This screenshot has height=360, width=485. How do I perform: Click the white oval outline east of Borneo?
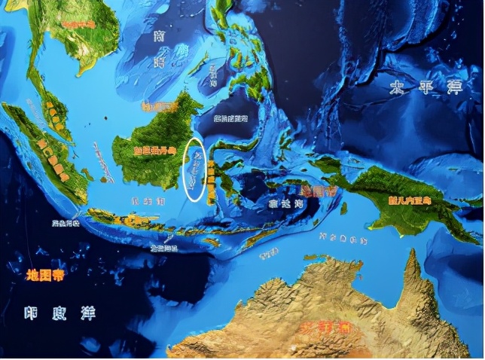(195, 170)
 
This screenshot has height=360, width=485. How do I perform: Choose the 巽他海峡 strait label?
(64, 224)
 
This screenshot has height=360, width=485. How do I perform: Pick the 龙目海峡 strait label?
(163, 247)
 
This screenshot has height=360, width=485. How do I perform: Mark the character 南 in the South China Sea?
(158, 36)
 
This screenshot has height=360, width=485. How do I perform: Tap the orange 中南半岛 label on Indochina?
(79, 25)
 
